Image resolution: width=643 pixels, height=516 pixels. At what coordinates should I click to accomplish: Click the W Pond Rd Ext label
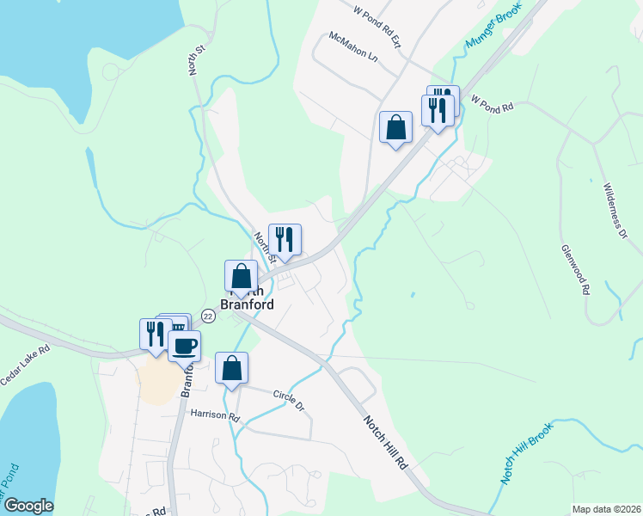click(x=377, y=26)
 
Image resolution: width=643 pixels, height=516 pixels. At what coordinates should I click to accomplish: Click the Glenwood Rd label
click(x=575, y=269)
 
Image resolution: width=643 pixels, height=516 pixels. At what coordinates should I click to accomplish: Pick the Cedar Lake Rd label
click(x=26, y=365)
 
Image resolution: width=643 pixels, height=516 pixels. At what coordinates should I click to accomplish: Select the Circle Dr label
click(x=290, y=398)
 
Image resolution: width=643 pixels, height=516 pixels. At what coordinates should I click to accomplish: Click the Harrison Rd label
click(x=215, y=415)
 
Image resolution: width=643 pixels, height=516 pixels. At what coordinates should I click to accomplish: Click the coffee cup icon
click(x=184, y=347)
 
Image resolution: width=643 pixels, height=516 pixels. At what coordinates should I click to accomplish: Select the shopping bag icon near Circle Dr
click(x=231, y=368)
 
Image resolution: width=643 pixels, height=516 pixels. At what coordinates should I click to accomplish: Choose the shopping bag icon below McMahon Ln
click(x=395, y=127)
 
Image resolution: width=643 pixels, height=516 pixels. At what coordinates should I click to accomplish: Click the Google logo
click(x=28, y=506)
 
